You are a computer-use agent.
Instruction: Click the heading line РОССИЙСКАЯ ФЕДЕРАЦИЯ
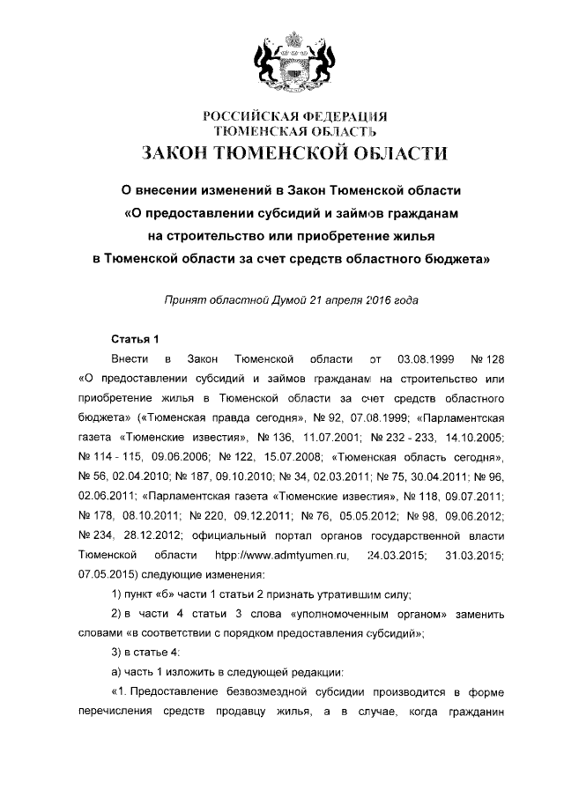[x=294, y=116]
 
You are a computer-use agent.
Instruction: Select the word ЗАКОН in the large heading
[x=182, y=154]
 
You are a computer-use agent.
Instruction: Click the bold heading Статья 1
[x=134, y=339]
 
